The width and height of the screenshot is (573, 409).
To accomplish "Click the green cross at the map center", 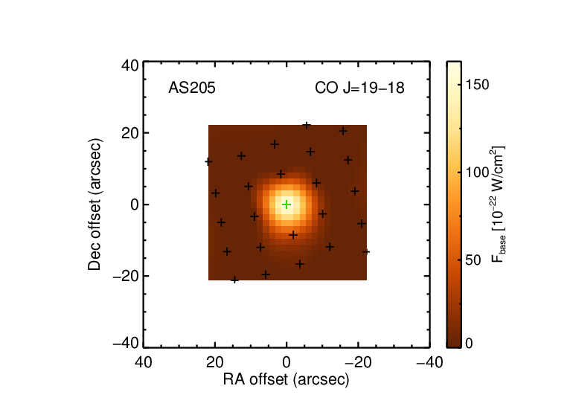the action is coord(286,204).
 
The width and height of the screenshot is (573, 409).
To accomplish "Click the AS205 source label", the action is coord(192,88).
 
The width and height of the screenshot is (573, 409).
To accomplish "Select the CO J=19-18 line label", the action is coord(359,88).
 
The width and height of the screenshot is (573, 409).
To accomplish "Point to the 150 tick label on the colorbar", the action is coord(478,85).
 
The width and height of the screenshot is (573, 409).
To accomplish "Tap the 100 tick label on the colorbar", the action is coord(478,173).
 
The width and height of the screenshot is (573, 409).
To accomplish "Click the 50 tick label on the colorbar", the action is coord(474,260).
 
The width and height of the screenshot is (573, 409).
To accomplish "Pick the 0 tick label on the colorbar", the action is coord(470,344).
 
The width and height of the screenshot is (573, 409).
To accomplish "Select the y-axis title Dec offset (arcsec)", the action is coord(95,204).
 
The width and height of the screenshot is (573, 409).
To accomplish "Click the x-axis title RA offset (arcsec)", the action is coord(286,380).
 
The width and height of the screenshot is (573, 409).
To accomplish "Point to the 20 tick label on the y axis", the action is coord(130,133).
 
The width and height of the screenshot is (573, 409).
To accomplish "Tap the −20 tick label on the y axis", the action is coord(126,276).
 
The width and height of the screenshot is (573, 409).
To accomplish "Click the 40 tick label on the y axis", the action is coord(130,66).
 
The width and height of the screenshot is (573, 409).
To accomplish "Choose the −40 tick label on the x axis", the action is coord(430,363).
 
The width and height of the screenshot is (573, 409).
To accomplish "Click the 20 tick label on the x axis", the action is coord(215,363).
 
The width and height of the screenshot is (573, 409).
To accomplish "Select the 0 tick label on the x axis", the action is coord(286,363).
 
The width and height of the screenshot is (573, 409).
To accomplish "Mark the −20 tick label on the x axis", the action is coord(358,363).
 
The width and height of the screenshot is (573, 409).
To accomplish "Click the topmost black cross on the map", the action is coord(307,126).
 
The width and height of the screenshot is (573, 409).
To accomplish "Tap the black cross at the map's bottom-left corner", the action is coord(234,280).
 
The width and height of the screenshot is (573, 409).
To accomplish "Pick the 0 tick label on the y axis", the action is coord(135,204).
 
